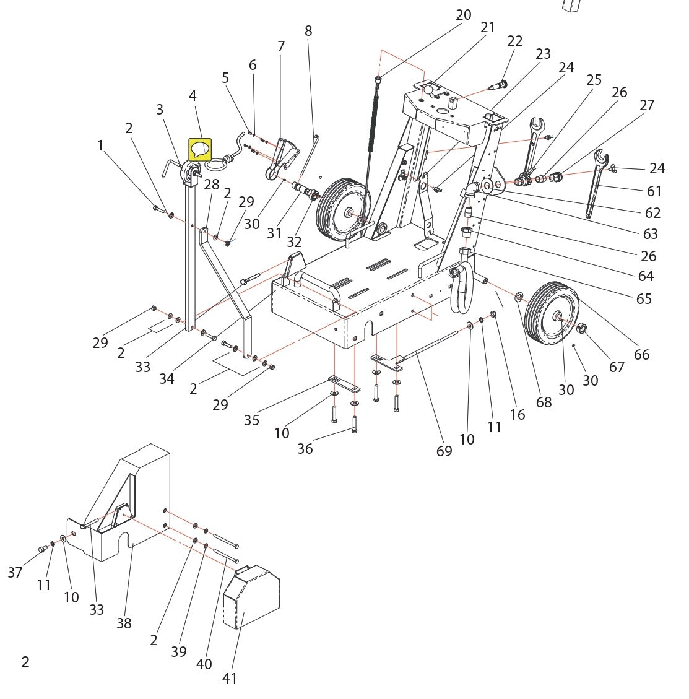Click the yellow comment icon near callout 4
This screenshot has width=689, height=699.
pyautogui.click(x=200, y=149)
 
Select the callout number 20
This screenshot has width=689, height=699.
pyautogui.click(x=463, y=15)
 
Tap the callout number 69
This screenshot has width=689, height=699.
pyautogui.click(x=444, y=451)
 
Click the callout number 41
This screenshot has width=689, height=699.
pyautogui.click(x=230, y=679)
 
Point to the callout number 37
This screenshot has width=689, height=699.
pyautogui.click(x=15, y=573)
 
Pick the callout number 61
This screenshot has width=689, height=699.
pyautogui.click(x=654, y=191)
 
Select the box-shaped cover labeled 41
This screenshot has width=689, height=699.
pyautogui.click(x=251, y=597)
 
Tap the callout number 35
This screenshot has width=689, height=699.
pyautogui.click(x=251, y=420)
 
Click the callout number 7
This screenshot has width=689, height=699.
pyautogui.click(x=281, y=46)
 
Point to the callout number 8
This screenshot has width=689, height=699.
pyautogui.click(x=308, y=31)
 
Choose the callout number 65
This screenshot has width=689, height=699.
pyautogui.click(x=644, y=298)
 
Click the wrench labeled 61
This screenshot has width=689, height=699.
pyautogui.click(x=596, y=183)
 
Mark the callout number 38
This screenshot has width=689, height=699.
pyautogui.click(x=124, y=623)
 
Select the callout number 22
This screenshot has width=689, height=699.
pyautogui.click(x=514, y=41)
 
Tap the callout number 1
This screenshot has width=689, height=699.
pyautogui.click(x=100, y=145)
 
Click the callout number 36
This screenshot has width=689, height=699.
pyautogui.click(x=305, y=448)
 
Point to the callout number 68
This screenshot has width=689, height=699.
pyautogui.click(x=544, y=402)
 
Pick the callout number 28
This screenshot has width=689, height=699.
pyautogui.click(x=212, y=185)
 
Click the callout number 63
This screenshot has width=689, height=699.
pyautogui.click(x=650, y=233)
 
